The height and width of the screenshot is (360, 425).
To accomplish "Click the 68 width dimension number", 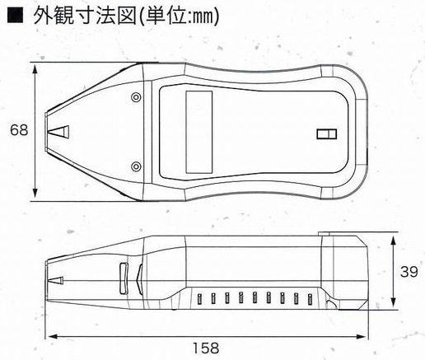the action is (19, 130).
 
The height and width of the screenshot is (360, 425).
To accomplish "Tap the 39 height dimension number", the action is (409, 272).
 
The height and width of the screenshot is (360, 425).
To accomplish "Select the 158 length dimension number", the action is (206, 348).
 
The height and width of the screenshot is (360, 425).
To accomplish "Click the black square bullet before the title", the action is (16, 16).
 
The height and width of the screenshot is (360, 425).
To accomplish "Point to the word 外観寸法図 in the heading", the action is (85, 16).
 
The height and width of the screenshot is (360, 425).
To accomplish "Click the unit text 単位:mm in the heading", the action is (180, 16).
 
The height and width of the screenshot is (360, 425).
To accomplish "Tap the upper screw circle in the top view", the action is (136, 97).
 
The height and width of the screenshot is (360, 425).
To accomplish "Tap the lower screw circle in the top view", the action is (136, 166).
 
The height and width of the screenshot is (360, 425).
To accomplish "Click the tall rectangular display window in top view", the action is (199, 132).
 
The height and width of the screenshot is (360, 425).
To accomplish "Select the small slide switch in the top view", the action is (327, 134).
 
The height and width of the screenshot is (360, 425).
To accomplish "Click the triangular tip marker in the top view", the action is (58, 132).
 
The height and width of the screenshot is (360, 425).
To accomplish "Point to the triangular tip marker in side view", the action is (55, 280).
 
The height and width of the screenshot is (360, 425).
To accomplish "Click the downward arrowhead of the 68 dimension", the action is (35, 193).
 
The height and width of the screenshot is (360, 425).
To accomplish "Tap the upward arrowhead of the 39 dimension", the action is (393, 241).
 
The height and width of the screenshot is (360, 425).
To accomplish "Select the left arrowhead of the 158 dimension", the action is (53, 336).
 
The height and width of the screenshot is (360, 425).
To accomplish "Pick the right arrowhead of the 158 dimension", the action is (361, 336).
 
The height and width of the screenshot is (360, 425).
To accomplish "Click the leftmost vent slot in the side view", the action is (199, 299).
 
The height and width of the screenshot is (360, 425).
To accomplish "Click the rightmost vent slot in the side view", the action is (311, 299).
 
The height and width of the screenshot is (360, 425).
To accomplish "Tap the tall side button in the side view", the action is (124, 278).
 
